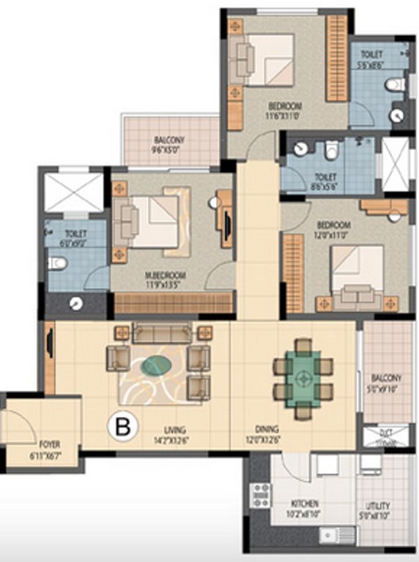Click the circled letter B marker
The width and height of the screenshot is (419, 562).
click(x=123, y=427)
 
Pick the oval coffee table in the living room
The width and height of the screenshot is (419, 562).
click(x=157, y=365)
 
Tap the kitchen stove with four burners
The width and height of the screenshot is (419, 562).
click(x=260, y=496)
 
